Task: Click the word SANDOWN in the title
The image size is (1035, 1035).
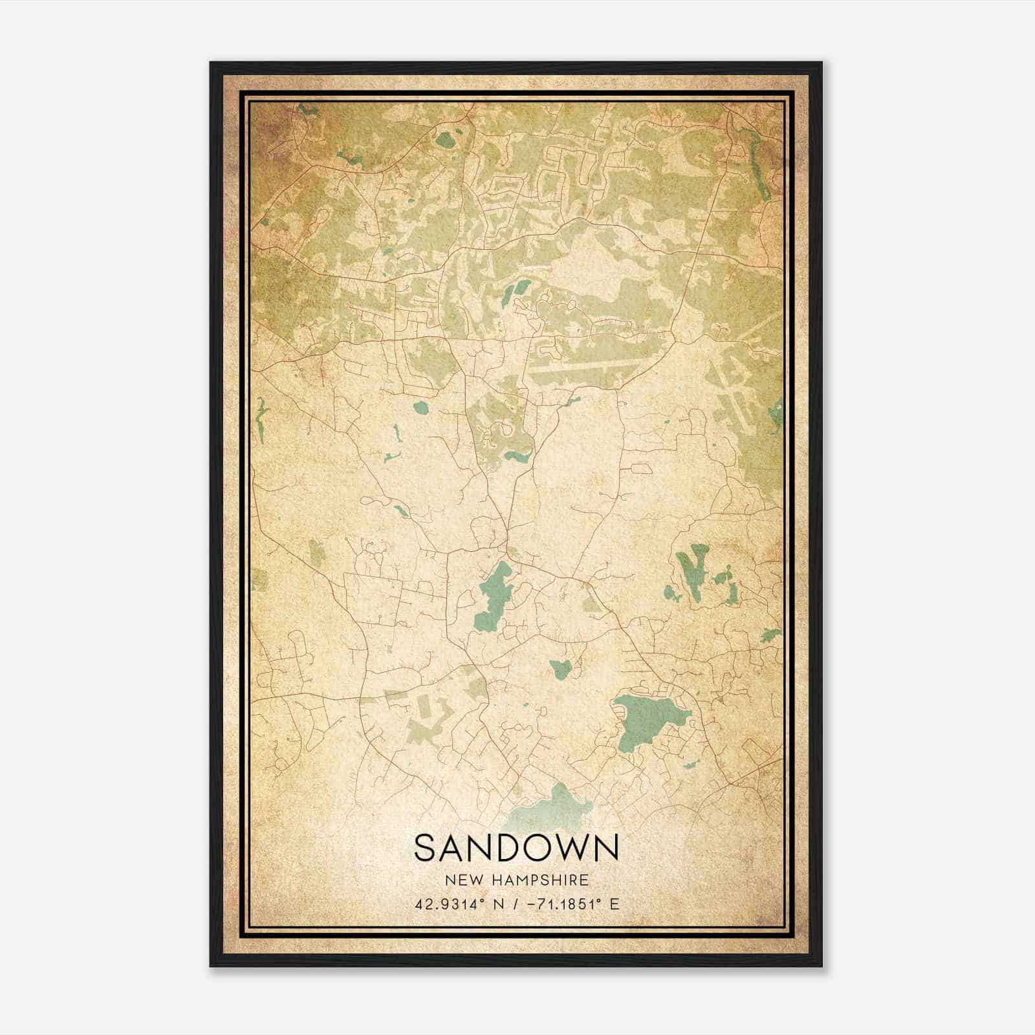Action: [516, 848]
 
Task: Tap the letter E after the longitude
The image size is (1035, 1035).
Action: [614, 904]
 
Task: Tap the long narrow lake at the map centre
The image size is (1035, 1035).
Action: [493, 595]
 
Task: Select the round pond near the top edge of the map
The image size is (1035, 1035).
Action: [445, 140]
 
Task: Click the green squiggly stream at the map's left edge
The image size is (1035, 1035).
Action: [261, 414]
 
